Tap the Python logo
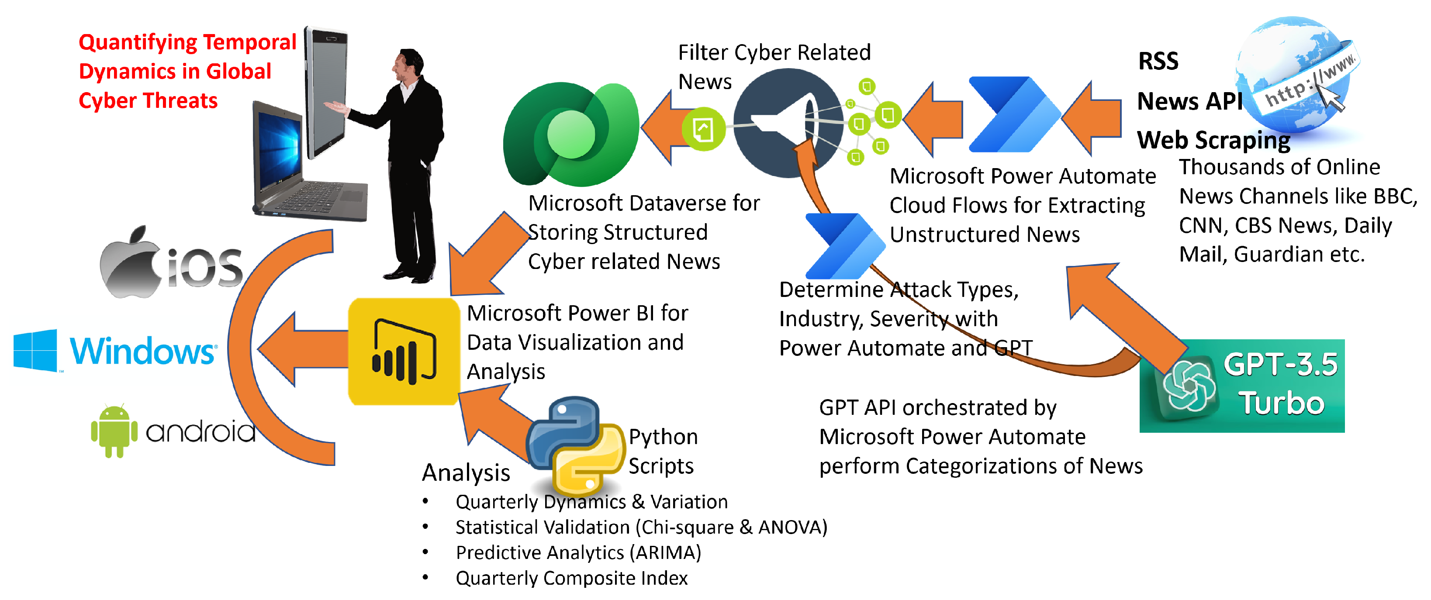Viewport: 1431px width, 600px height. [x=575, y=445]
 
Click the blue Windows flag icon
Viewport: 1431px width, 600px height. [x=35, y=350]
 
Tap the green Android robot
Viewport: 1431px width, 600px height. [x=114, y=431]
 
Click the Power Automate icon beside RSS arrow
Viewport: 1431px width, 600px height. [x=1014, y=114]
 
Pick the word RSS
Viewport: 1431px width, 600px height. [x=1158, y=61]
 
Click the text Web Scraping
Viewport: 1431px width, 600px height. [x=1214, y=140]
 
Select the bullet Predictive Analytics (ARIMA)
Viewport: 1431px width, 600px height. [x=578, y=552]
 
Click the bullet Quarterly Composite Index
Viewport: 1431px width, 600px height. [x=571, y=578]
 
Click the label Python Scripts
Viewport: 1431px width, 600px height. [x=662, y=451]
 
